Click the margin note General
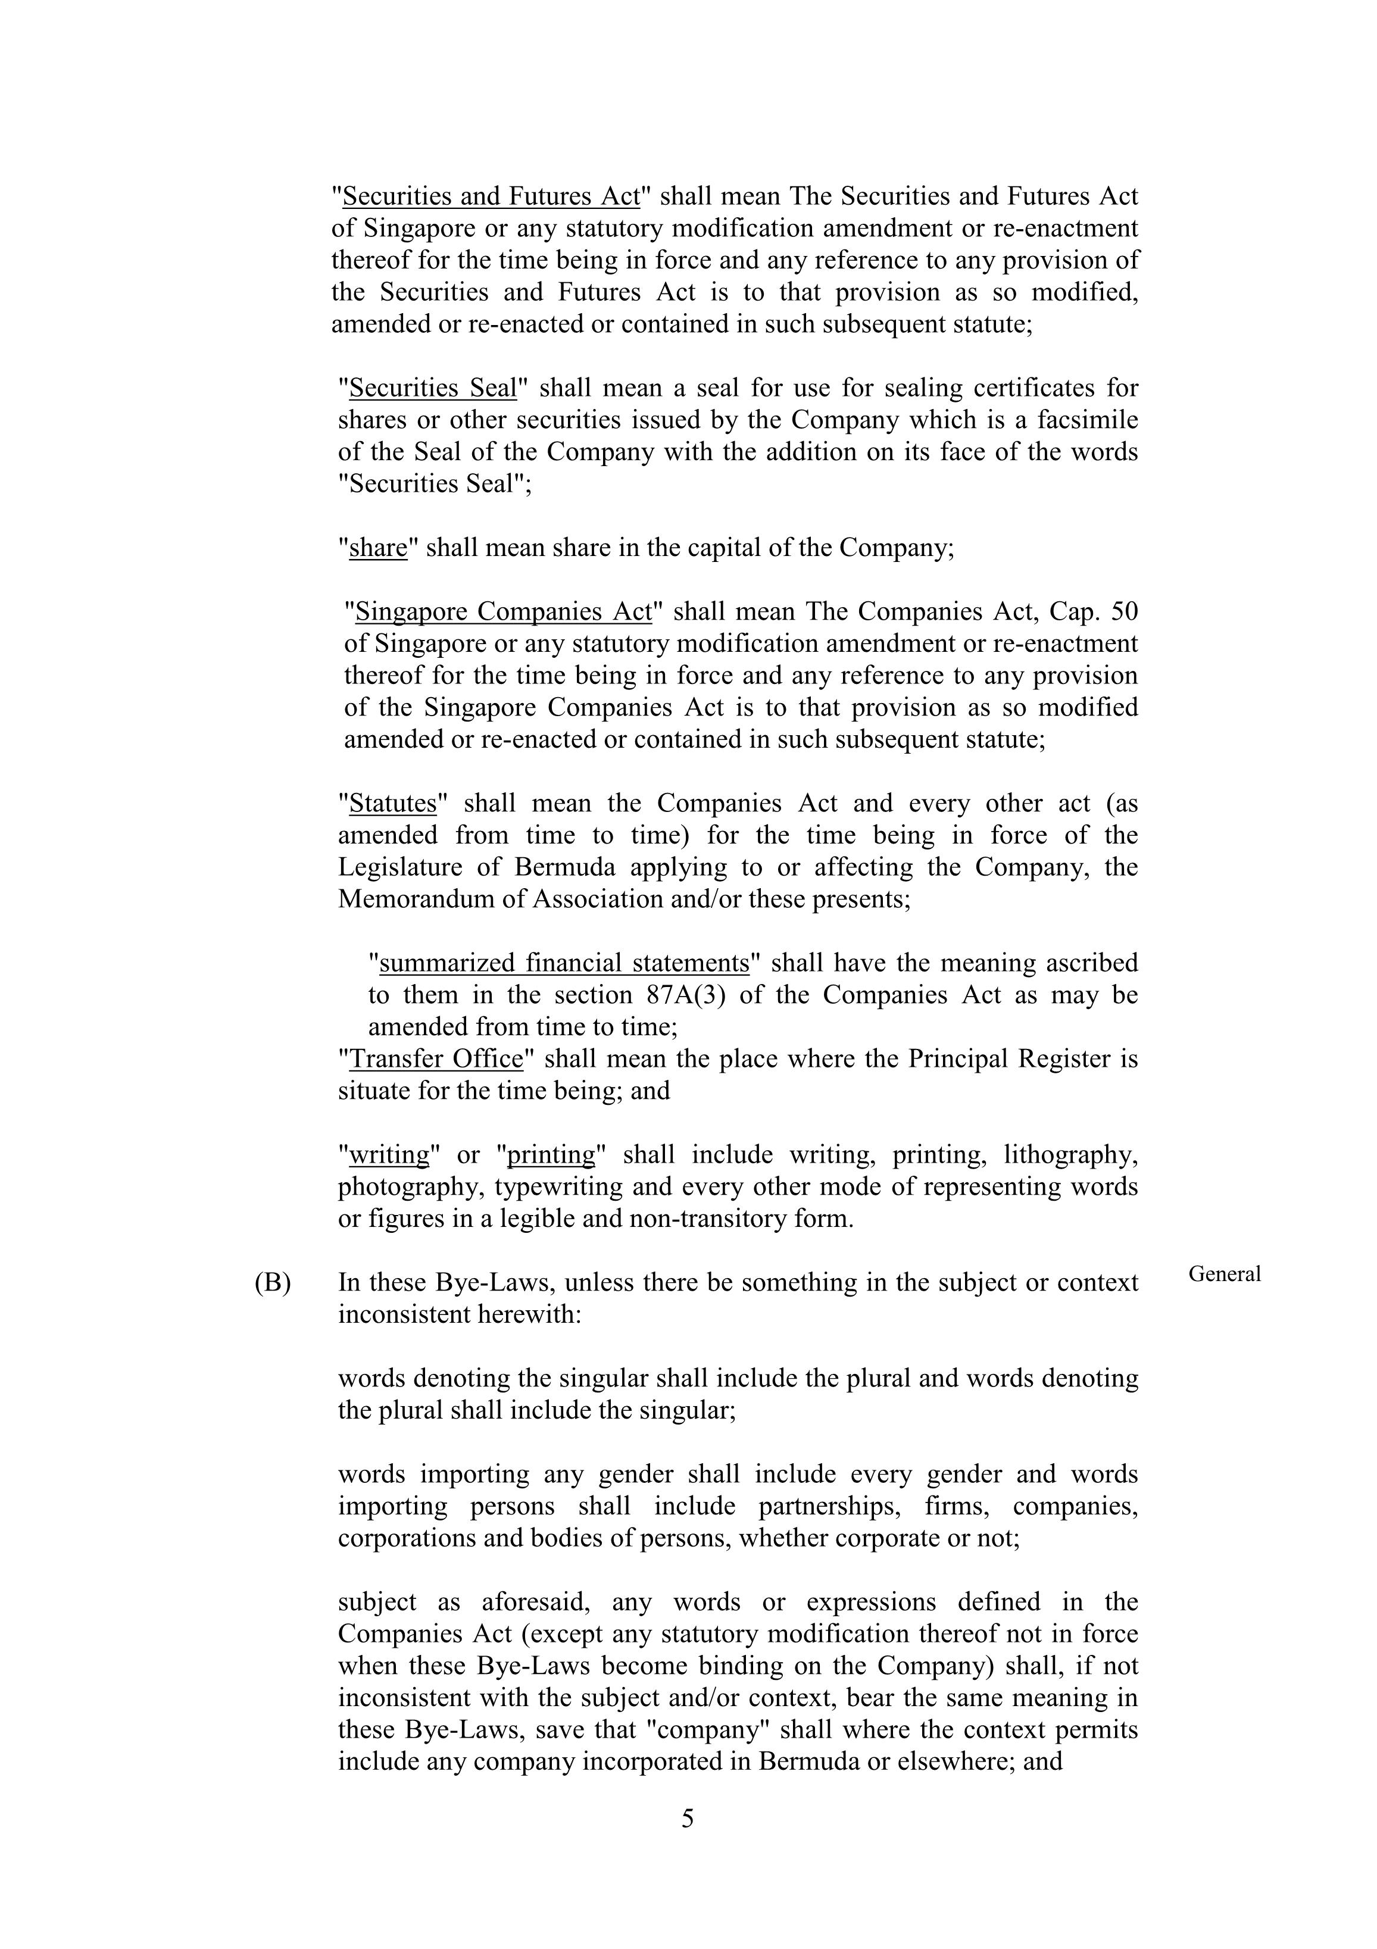pyautogui.click(x=1224, y=1273)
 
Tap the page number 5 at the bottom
pyautogui.click(x=688, y=1818)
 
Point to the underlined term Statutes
pyautogui.click(x=392, y=803)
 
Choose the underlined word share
pyautogui.click(x=378, y=548)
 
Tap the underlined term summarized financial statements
pyautogui.click(x=564, y=963)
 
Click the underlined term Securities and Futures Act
pyautogui.click(x=491, y=196)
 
